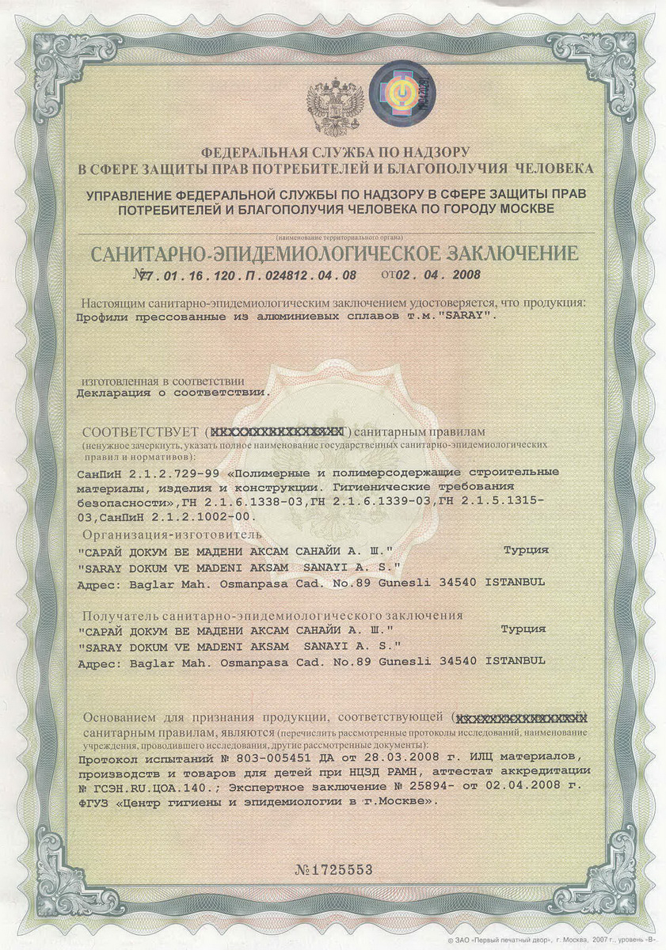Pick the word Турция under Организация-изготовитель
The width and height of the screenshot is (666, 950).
(x=526, y=549)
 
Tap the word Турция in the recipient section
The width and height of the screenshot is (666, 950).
(x=523, y=629)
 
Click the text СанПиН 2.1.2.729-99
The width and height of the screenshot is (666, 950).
(x=141, y=472)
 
